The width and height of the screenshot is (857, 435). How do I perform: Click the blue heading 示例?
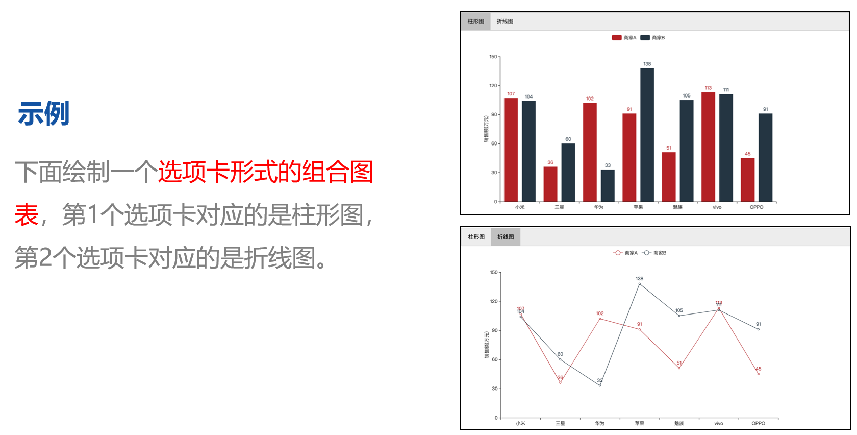tap(44, 113)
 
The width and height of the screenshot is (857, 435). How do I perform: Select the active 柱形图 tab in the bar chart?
tap(475, 21)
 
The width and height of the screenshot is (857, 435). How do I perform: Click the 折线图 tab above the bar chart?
tap(505, 21)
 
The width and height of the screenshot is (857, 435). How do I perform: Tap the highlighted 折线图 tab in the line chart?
tap(506, 237)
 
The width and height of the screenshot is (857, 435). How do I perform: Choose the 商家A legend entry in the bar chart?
tap(624, 38)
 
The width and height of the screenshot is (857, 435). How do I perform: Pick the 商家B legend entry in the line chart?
tap(654, 253)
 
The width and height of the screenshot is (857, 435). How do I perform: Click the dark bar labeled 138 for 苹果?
tap(647, 135)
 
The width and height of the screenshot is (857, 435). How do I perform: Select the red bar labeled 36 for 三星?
tap(550, 184)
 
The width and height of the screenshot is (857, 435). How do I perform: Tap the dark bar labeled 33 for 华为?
tap(608, 185)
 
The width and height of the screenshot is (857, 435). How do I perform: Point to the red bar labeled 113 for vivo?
tap(708, 147)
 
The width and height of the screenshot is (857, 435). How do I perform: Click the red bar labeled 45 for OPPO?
tap(747, 180)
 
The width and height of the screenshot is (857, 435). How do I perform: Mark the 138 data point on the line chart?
tap(640, 284)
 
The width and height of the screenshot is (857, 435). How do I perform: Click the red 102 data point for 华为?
tap(600, 319)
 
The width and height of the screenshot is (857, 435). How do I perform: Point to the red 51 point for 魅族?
tap(679, 368)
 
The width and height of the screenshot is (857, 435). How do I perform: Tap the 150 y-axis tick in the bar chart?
tap(493, 57)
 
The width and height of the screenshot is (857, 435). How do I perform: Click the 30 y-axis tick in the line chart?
tap(494, 389)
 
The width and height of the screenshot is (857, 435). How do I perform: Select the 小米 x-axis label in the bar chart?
tap(520, 207)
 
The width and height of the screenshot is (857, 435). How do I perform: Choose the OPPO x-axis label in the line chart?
tap(758, 423)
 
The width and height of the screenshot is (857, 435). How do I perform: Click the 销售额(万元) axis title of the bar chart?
tap(486, 129)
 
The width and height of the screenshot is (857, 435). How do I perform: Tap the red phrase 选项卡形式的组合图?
tap(265, 172)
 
